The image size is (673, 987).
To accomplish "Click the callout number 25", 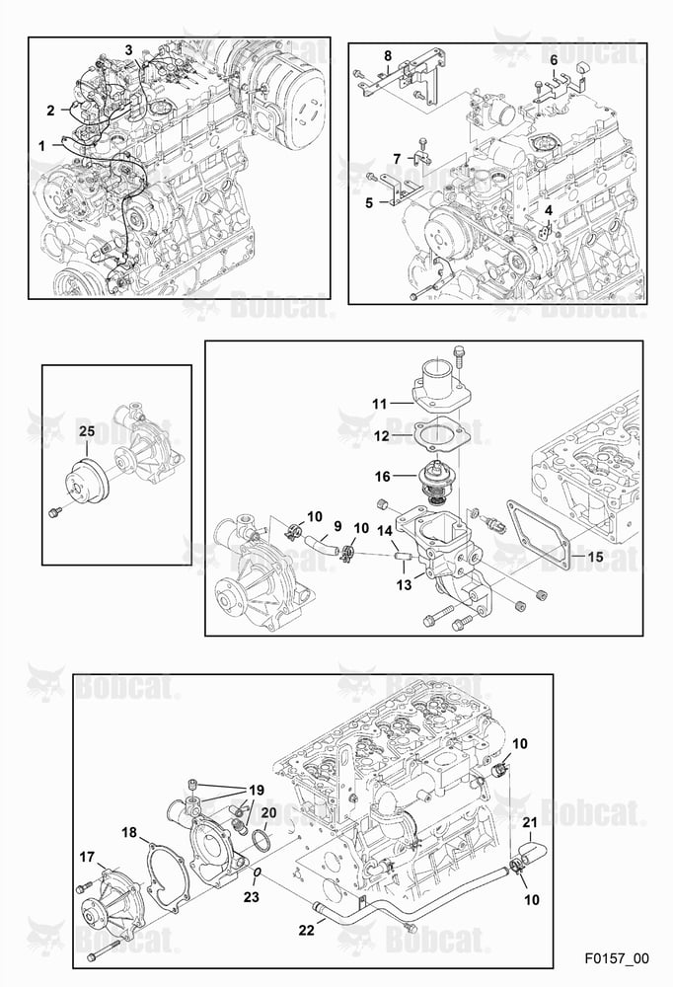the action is pos(87,431).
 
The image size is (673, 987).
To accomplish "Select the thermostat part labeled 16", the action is pos(434,483).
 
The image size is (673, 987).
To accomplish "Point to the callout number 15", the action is pos(595,557).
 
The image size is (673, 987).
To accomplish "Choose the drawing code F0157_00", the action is pos(616,958).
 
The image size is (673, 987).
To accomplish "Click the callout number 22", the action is pos(306,930).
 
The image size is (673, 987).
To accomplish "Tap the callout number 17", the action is pos(87,857).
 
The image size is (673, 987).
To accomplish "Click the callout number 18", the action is pos(129,833).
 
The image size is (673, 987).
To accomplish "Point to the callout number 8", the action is pos(388,56).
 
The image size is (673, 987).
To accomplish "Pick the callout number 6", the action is pos(554,60).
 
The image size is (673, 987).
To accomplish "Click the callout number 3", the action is pos(128,49).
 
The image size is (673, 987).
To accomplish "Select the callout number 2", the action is pos(51,111).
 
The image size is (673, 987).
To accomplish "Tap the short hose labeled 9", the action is pos(319,542).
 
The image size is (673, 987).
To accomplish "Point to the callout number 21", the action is pos(530,822).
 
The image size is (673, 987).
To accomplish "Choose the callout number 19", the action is pos(257,790).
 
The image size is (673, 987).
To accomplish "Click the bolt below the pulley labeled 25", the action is pos(54,513).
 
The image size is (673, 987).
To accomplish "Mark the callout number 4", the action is pos(549,209).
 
